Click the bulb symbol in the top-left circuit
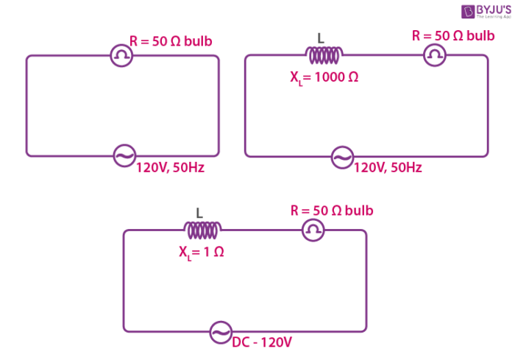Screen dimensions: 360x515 tap(121, 55)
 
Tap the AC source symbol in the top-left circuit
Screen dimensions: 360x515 tap(124, 155)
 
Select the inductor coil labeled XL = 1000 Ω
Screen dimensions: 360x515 tap(324, 55)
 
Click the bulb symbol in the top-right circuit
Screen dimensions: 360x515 tap(436, 55)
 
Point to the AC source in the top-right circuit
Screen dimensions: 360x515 tap(342, 156)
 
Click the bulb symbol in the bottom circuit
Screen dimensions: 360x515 tap(313, 230)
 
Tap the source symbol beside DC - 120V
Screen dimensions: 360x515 tap(220, 332)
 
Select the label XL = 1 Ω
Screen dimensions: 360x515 tap(201, 251)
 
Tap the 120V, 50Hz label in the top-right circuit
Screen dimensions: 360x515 tap(388, 168)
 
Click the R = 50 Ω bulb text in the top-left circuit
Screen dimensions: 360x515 tap(171, 41)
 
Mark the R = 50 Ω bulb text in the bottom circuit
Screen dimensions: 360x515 tap(332, 211)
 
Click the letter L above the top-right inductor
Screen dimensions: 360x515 tap(320, 38)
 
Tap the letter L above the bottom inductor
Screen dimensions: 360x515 tap(199, 213)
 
